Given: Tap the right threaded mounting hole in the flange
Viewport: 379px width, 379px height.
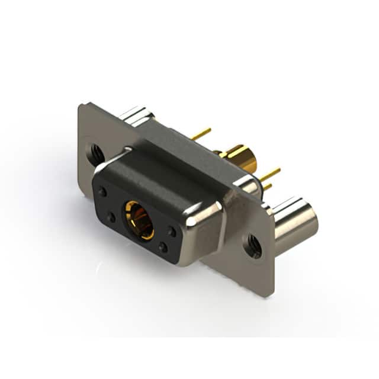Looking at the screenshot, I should [x=253, y=246].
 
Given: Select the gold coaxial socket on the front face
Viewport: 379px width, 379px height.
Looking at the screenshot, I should [x=139, y=219].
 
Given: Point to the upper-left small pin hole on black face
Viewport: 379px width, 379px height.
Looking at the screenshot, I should [x=103, y=192].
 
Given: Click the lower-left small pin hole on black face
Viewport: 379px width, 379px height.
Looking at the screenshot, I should [x=111, y=217].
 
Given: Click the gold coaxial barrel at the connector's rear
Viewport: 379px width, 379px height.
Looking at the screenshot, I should [x=243, y=158].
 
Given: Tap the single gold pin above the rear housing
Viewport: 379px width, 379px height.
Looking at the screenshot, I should [x=201, y=134].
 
